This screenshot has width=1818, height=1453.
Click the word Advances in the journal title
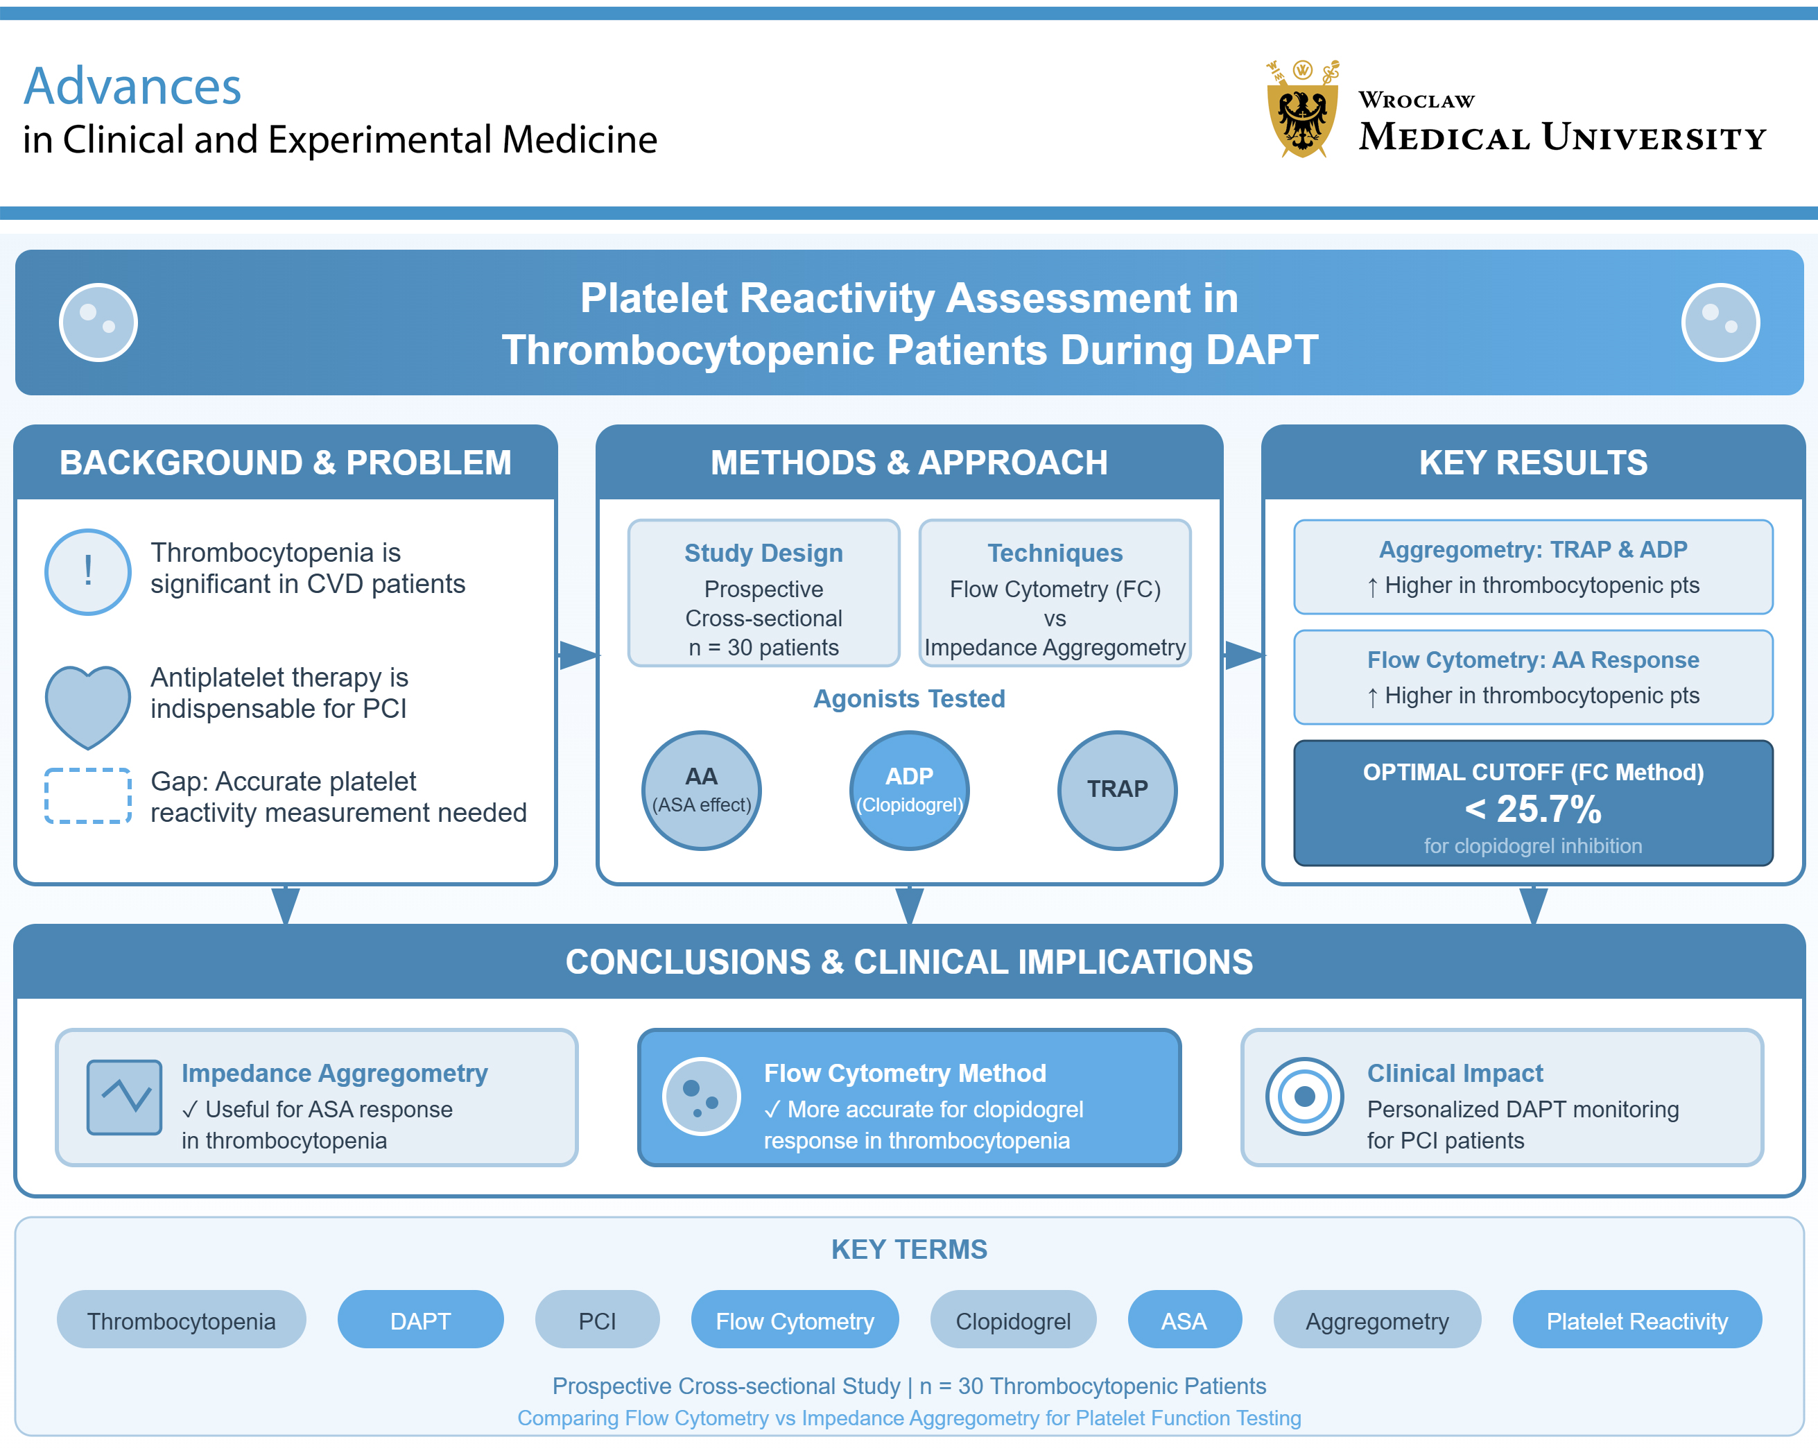(x=132, y=87)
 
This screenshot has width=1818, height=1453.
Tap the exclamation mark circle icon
(x=87, y=571)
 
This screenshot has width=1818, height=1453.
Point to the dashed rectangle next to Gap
(x=87, y=796)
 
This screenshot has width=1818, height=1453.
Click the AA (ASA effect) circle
(x=702, y=790)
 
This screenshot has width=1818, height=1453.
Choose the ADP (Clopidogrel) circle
(x=909, y=790)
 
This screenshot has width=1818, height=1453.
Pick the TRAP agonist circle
(x=1116, y=790)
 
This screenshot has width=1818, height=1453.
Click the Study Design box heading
(x=763, y=553)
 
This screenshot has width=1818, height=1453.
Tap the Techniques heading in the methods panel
(x=1054, y=553)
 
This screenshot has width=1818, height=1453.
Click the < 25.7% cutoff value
(x=1532, y=809)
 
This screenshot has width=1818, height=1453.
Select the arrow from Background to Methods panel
(x=578, y=655)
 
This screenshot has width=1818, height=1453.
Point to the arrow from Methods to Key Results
(x=1244, y=655)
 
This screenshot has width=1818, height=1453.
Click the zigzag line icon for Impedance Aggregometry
(x=125, y=1097)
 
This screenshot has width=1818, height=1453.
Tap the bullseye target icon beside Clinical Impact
(x=1304, y=1097)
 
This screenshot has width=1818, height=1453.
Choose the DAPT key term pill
(x=420, y=1321)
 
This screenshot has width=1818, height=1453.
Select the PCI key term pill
(x=597, y=1321)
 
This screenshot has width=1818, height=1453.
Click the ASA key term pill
(x=1184, y=1321)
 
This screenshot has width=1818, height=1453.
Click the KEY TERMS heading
(x=909, y=1249)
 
